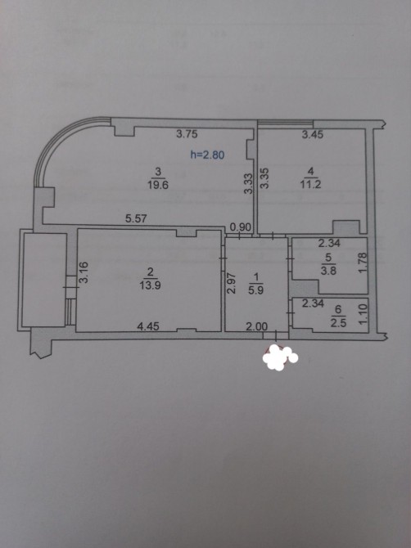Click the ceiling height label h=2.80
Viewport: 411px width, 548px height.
coord(207,155)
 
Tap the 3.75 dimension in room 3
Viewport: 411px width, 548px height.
coord(187,134)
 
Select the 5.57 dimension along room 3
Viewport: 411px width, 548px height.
coord(136,218)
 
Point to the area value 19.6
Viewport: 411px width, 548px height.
coord(158,185)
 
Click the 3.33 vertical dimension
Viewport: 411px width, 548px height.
coord(248,183)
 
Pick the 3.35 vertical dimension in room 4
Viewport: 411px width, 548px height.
coord(264,178)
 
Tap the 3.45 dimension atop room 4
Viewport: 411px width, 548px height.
coord(313,135)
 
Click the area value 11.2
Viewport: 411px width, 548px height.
coord(310,184)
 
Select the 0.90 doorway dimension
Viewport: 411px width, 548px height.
coord(241,227)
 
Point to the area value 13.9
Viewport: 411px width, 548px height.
coord(150,285)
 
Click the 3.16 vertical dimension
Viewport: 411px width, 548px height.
coord(84,272)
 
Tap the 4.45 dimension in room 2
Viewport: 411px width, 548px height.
coord(148,326)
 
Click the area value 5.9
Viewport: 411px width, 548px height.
coord(256,290)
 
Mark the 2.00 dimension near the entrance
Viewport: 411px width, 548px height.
coord(257,327)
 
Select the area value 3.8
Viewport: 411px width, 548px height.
coord(328,271)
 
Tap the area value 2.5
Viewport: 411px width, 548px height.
coord(338,322)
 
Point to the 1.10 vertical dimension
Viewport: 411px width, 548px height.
coord(363,314)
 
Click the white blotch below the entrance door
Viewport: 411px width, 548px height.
coord(279,357)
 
